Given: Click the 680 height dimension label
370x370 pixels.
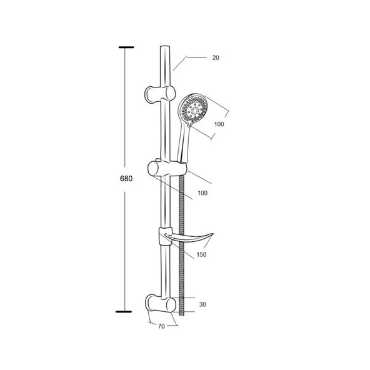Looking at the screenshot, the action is pos(126,179).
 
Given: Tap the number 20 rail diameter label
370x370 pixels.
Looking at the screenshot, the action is pos(216,57).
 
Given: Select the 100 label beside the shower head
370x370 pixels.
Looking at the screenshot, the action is pos(219,124).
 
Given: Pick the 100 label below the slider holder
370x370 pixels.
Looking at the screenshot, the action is pos(202,193).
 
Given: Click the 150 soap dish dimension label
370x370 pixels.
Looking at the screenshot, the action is pos(201,254).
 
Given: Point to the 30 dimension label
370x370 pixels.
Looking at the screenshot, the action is pos(202,304).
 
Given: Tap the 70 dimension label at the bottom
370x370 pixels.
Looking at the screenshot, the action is pos(161,326).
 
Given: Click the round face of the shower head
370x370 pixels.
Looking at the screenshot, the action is pos(193,109).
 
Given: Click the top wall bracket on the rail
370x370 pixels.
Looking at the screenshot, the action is pos(160,94).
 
